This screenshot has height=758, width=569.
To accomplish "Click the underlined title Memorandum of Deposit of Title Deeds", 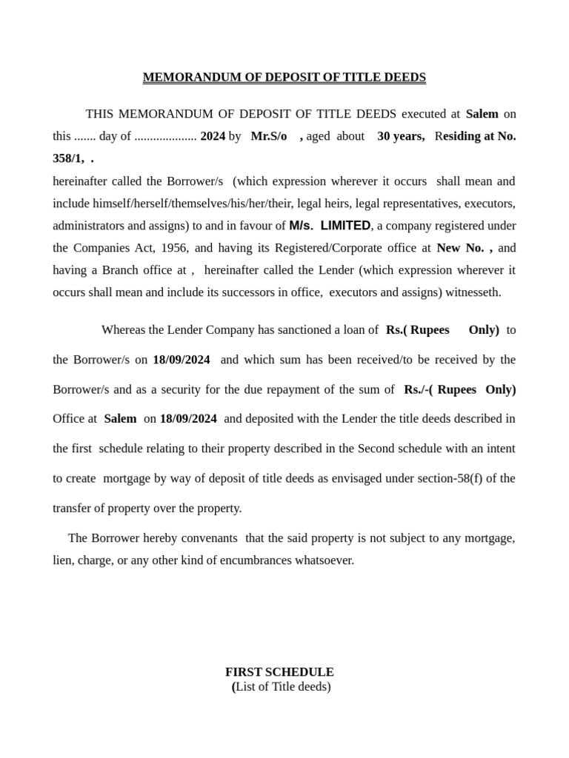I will (284, 78).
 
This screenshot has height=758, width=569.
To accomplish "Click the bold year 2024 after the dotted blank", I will (213, 136).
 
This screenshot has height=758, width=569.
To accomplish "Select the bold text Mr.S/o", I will (269, 136).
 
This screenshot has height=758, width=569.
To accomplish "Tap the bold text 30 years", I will (401, 136).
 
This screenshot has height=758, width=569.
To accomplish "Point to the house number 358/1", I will (68, 158).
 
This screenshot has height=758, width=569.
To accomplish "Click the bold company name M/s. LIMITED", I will (330, 226).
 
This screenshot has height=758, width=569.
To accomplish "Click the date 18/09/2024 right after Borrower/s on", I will (182, 360).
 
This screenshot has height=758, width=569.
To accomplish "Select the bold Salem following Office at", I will (120, 419).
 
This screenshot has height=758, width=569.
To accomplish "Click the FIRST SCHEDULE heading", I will (279, 672).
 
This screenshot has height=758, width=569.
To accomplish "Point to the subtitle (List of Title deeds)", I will (282, 687).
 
